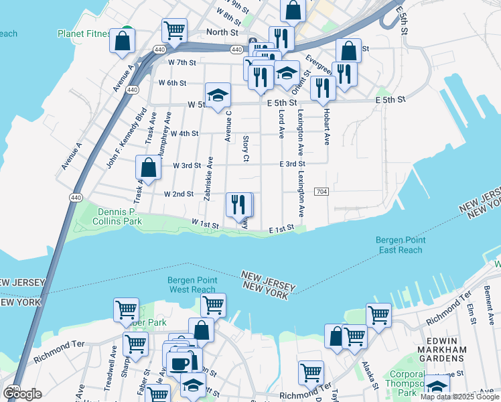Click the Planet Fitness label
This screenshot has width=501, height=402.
84,33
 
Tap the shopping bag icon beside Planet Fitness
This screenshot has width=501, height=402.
124,40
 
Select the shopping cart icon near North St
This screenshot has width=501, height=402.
174,30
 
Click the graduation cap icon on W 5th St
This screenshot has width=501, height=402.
218,95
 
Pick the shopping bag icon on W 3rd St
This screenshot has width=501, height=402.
149,167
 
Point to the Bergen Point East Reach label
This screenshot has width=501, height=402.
399,245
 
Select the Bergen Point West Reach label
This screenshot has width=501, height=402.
192,285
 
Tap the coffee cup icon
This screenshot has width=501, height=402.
179,362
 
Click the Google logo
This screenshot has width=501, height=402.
22,393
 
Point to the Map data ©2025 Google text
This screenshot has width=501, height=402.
459,397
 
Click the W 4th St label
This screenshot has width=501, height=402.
184,133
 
